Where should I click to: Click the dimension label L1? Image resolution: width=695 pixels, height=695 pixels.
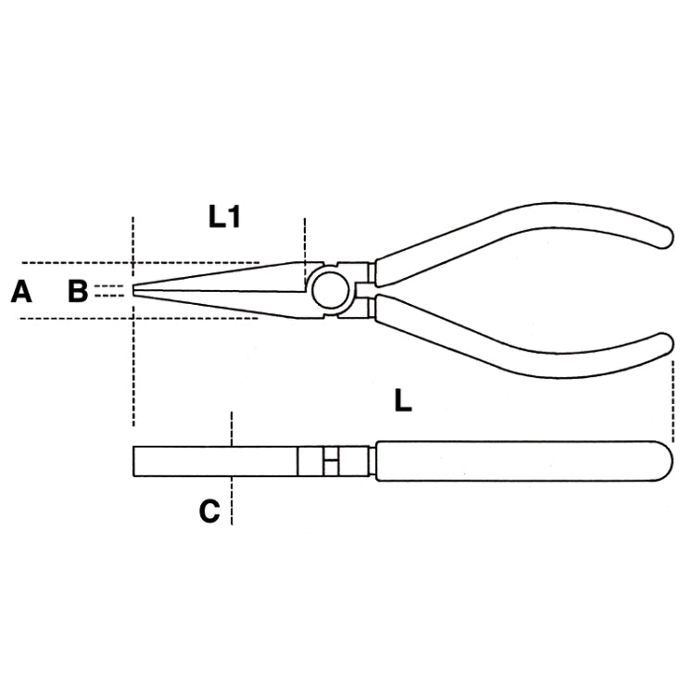click(x=225, y=217)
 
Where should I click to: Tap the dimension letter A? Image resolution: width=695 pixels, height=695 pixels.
click(x=21, y=291)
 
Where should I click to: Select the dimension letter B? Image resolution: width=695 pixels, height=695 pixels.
click(x=78, y=291)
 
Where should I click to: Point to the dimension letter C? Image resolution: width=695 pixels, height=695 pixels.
click(x=209, y=511)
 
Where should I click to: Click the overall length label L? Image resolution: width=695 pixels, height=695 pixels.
click(x=403, y=400)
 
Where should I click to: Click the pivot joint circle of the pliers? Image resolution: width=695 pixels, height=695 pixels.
click(x=330, y=290)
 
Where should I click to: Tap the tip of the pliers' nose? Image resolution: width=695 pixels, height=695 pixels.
click(x=133, y=290)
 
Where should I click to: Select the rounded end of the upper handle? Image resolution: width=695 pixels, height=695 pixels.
click(x=666, y=237)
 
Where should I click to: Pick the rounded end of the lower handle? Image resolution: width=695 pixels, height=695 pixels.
click(x=666, y=344)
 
